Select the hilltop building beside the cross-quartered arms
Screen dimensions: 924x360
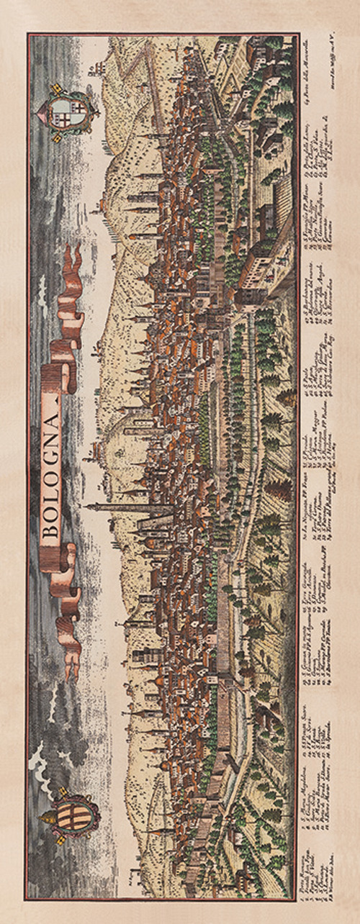pyautogui.click(x=94, y=68)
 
